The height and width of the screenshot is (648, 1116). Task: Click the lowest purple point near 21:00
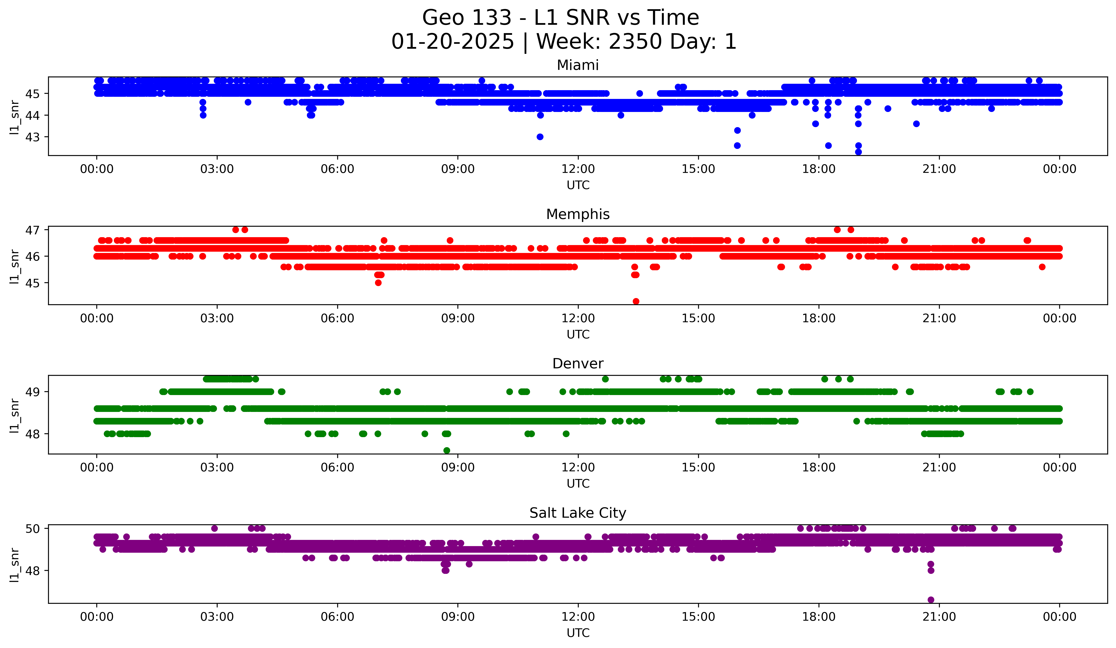tap(931, 600)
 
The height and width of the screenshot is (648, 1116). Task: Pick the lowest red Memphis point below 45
tap(636, 301)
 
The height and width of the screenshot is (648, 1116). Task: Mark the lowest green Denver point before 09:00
tap(447, 450)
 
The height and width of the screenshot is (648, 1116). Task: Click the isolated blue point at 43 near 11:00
tap(540, 137)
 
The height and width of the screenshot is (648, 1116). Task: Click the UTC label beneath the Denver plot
tap(578, 484)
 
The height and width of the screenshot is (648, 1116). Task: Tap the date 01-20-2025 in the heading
tap(453, 42)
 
